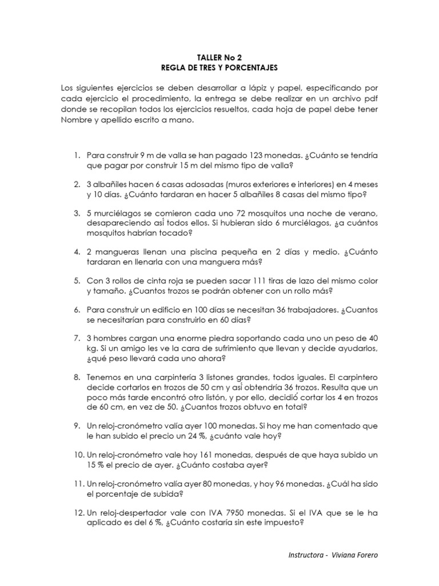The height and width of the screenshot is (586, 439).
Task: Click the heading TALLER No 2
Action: (219, 57)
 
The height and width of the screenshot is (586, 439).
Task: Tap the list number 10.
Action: (79, 455)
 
